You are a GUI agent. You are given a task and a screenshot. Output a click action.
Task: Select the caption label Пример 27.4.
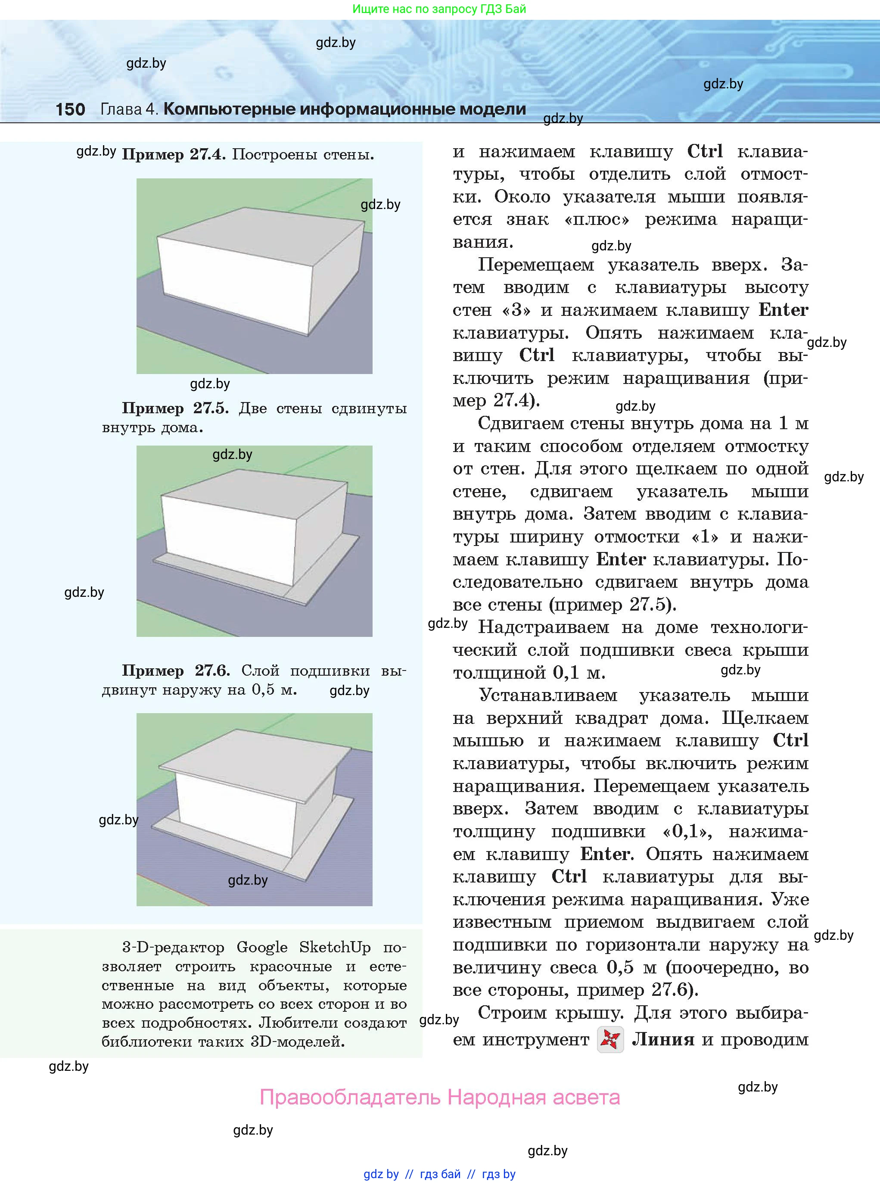(x=174, y=155)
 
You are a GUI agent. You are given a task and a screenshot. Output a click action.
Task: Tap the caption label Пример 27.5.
(x=175, y=408)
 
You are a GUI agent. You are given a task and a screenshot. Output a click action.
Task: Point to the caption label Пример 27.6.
(x=176, y=670)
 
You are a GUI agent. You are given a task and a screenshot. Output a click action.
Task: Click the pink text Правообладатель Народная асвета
(x=439, y=1097)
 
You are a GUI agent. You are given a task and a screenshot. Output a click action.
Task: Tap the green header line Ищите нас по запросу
(x=439, y=9)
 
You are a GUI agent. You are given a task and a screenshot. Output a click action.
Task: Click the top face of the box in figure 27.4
(x=261, y=234)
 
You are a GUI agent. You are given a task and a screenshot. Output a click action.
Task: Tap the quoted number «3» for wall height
(x=516, y=309)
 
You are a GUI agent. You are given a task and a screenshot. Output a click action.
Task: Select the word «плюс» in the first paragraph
(x=597, y=219)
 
